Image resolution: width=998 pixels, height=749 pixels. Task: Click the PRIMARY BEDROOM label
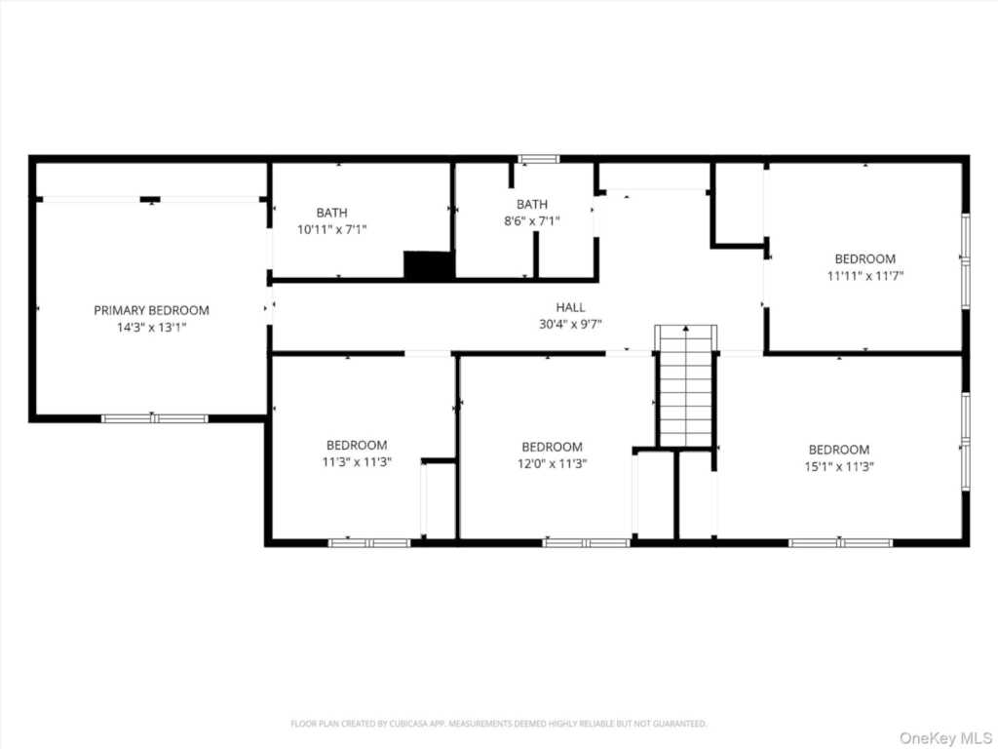tap(151, 310)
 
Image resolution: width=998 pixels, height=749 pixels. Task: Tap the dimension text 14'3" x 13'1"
tap(151, 329)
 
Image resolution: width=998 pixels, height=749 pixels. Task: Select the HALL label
tap(571, 307)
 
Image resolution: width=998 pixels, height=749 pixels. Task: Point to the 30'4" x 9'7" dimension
tap(571, 324)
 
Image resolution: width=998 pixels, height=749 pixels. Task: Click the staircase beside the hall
tap(686, 386)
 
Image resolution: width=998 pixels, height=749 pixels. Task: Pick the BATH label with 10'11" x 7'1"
tap(331, 213)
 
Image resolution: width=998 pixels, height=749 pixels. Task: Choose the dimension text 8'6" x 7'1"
tap(532, 221)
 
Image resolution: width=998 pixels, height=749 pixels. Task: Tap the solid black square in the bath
tap(429, 265)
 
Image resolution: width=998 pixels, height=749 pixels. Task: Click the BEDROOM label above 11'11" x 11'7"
tap(864, 258)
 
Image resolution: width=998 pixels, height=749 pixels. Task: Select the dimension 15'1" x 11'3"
tap(839, 466)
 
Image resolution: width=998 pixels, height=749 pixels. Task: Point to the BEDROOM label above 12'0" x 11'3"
tap(552, 447)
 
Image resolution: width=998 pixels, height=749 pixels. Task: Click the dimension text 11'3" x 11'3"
tap(357, 462)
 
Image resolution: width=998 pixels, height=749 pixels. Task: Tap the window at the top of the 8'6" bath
tap(538, 159)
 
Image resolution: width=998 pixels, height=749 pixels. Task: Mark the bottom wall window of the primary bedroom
tap(155, 418)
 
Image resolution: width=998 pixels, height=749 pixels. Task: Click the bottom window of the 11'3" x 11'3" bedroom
tap(369, 542)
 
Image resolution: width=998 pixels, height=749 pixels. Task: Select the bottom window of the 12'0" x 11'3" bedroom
tap(586, 542)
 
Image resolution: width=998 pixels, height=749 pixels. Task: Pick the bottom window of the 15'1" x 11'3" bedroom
tap(840, 542)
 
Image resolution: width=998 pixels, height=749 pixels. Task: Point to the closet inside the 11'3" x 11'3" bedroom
tap(440, 499)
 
